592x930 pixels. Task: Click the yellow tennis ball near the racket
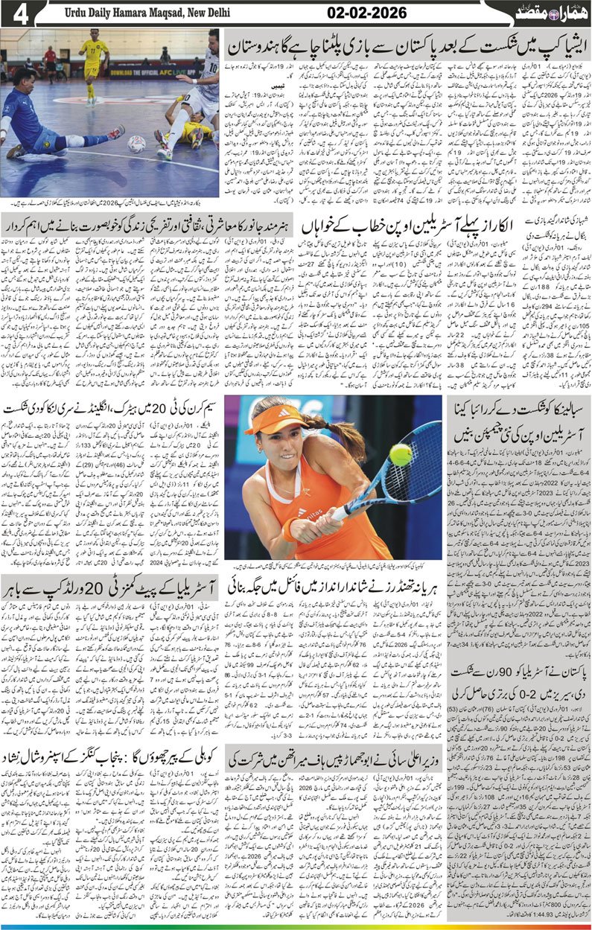tap(401, 453)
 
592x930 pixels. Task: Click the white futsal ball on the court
tap(136, 143)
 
